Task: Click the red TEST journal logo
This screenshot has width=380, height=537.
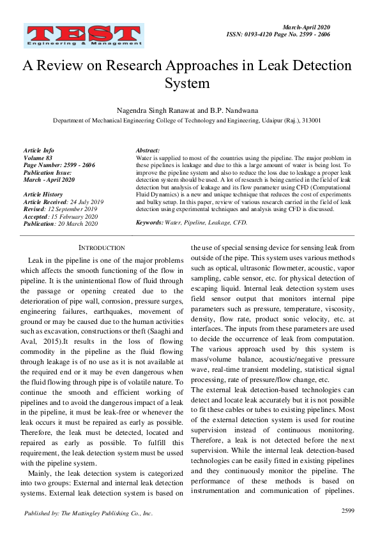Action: coord(84,36)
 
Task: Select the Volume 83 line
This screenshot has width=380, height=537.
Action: coord(38,156)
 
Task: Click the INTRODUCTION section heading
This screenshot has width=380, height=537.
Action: coord(102,247)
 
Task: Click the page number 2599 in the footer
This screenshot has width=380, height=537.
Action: coord(348,510)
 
